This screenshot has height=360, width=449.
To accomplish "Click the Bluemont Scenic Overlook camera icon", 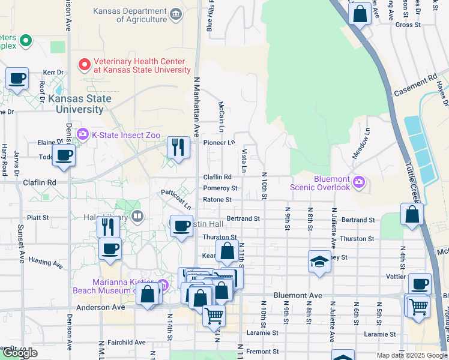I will (359, 181).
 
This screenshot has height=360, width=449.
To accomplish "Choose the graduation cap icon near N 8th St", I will (319, 261).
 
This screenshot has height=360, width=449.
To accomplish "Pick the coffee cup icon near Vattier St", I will (420, 283).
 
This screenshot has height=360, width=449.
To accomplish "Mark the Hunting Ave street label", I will (45, 263).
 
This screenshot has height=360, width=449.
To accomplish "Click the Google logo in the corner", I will (20, 353).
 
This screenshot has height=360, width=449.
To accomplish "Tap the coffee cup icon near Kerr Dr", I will (17, 78).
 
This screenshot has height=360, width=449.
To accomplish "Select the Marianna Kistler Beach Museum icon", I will (163, 286).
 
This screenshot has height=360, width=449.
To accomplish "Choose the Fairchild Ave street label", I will (127, 342).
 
